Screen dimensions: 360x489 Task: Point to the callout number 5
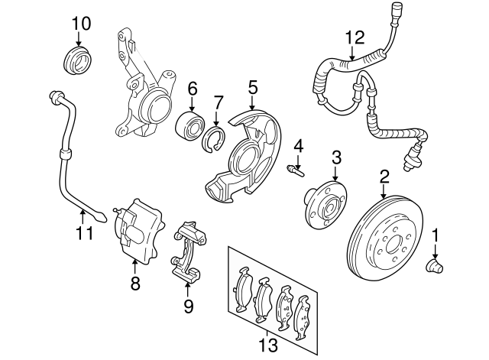pos(253,89)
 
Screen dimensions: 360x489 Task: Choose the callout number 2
pos(384,177)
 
